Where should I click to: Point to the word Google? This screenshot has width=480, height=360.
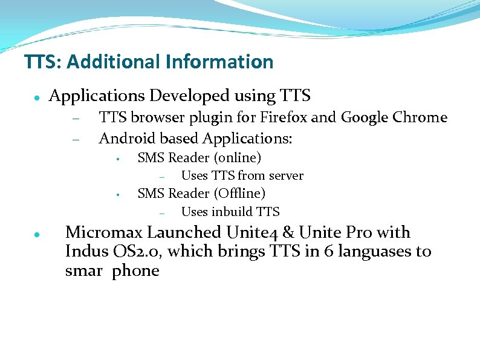click(364, 117)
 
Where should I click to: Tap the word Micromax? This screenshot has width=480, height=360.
click(105, 232)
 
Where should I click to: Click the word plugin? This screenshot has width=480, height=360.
click(207, 118)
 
